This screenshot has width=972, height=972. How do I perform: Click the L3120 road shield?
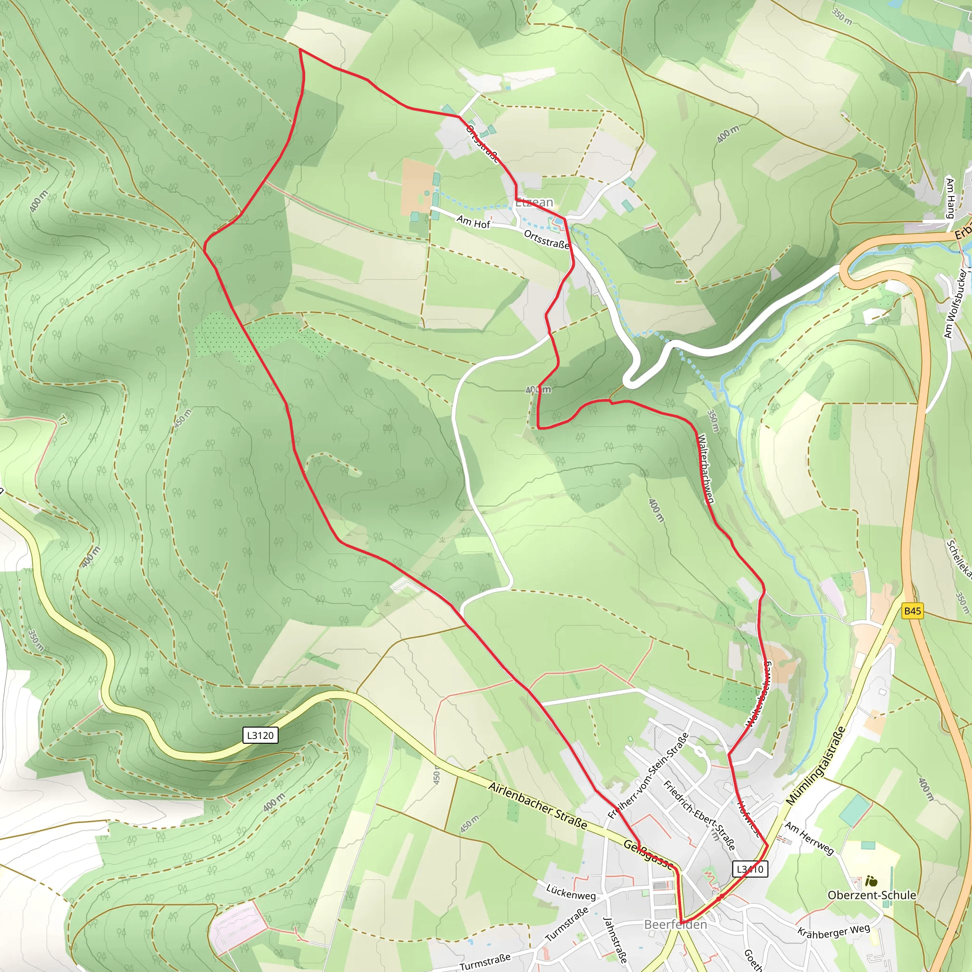pyautogui.click(x=260, y=735)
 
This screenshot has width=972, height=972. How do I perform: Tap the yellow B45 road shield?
pyautogui.click(x=912, y=611)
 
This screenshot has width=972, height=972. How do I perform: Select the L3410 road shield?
pyautogui.click(x=749, y=869)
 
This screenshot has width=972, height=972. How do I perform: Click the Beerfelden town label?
pyautogui.click(x=675, y=924)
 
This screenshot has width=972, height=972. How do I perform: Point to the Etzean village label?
pyautogui.click(x=534, y=202)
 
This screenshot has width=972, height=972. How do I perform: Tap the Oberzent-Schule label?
pyautogui.click(x=872, y=895)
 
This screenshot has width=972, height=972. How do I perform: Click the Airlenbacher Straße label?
pyautogui.click(x=537, y=806)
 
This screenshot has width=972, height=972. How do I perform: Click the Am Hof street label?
pyautogui.click(x=473, y=222)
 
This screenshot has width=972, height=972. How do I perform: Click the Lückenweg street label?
pyautogui.click(x=571, y=891)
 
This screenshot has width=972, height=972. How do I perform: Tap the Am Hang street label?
pyautogui.click(x=949, y=198)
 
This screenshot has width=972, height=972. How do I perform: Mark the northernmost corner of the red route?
pyautogui.click(x=300, y=49)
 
